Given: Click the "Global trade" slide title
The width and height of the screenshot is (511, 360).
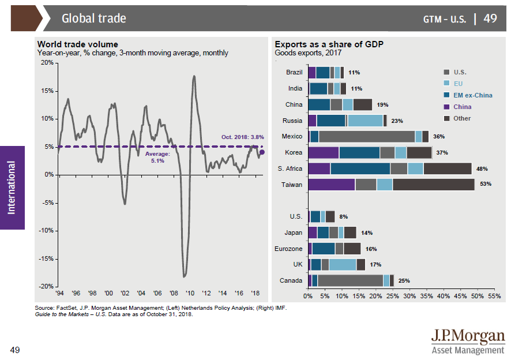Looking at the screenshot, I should [94, 18].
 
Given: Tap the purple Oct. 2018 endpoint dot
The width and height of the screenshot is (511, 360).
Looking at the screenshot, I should [262, 152].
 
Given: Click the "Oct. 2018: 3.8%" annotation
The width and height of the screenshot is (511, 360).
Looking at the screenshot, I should [242, 137].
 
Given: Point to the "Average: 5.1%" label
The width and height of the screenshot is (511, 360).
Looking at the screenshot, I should [157, 157].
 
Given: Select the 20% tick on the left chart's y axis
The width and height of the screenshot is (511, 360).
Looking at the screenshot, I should [47, 62].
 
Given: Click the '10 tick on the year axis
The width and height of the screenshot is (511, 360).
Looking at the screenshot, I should [191, 293].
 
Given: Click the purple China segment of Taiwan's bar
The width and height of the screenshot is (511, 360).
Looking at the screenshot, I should [332, 185].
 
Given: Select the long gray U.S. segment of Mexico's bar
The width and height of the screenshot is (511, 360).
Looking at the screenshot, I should [366, 137].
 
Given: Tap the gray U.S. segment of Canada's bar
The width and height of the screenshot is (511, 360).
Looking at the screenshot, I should [350, 280].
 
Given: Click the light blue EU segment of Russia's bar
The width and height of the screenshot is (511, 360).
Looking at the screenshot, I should [365, 121].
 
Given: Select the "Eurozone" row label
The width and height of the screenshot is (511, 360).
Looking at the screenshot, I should [288, 249].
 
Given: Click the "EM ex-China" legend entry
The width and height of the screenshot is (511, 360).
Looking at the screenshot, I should [472, 95].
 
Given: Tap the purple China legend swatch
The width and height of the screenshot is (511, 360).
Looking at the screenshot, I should [446, 107].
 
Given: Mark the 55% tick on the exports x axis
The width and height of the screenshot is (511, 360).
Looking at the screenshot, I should [494, 295].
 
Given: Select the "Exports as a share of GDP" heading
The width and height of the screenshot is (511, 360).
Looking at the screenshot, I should [329, 44].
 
